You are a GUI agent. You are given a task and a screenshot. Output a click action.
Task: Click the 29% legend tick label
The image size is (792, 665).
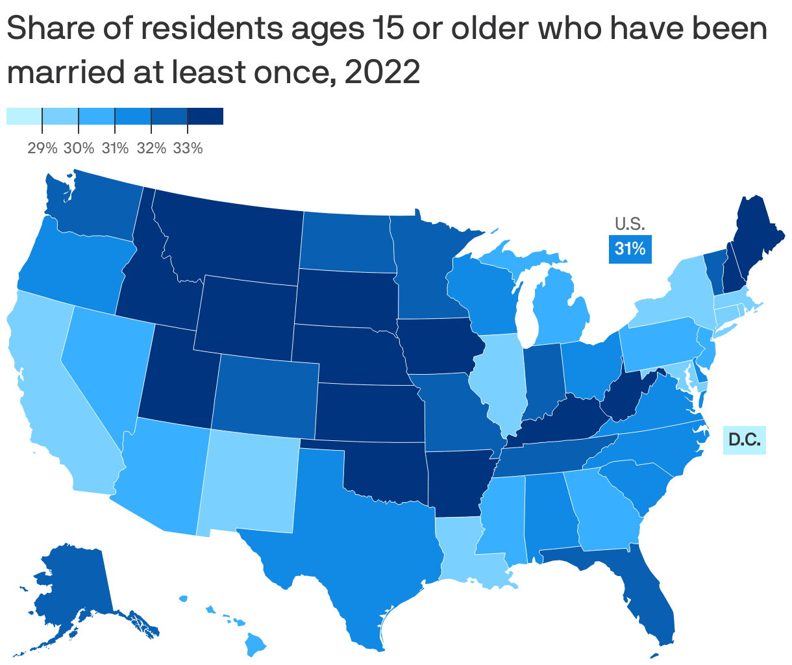(42, 149)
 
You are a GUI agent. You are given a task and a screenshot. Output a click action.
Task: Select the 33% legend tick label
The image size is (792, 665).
(188, 149)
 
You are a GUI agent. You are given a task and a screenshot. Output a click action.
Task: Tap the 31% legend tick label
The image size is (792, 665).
(115, 149)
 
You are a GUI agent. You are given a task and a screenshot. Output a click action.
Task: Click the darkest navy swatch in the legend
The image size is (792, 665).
(205, 116)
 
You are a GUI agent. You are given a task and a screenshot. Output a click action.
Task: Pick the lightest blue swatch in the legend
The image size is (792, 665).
(24, 116)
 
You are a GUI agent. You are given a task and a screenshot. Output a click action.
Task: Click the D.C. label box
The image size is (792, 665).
(745, 440)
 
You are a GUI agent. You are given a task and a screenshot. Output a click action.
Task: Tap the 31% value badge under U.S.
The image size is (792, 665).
(630, 249)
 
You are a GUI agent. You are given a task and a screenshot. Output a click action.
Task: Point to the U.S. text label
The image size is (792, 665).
(630, 225)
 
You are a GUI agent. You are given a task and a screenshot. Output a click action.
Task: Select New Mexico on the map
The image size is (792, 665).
(250, 481)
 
